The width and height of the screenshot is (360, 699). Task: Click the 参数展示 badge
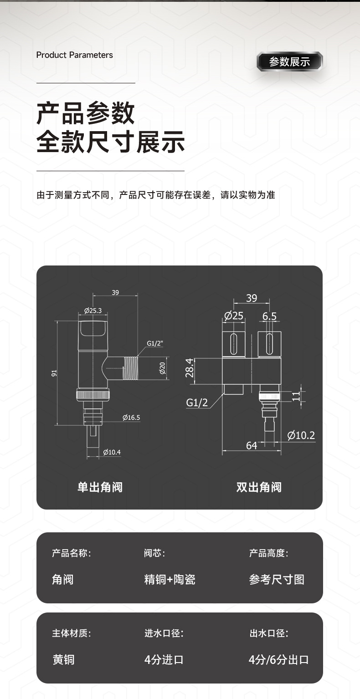(289, 61)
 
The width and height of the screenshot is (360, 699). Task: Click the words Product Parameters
(74, 55)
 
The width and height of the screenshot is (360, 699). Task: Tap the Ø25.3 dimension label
(93, 311)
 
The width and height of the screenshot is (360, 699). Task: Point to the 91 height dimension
(54, 373)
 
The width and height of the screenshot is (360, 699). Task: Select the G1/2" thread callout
(155, 343)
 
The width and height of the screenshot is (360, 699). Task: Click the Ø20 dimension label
(162, 367)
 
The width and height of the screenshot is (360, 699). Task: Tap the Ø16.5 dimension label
(131, 418)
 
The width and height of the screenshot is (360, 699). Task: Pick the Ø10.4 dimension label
(112, 452)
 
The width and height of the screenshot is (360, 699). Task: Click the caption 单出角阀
(100, 487)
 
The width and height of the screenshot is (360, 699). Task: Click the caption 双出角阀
(259, 487)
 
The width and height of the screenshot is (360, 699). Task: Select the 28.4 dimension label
(190, 368)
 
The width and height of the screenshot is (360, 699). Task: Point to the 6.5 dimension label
(269, 316)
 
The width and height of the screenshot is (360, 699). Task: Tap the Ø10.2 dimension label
(301, 435)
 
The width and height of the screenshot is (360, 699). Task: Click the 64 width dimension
(252, 446)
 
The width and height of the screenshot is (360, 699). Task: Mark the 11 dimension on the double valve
(296, 395)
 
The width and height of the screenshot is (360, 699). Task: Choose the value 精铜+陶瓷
(170, 580)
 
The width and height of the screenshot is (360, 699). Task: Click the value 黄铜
(63, 659)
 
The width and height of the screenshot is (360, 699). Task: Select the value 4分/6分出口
(278, 659)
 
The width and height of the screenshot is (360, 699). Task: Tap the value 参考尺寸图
(277, 580)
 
